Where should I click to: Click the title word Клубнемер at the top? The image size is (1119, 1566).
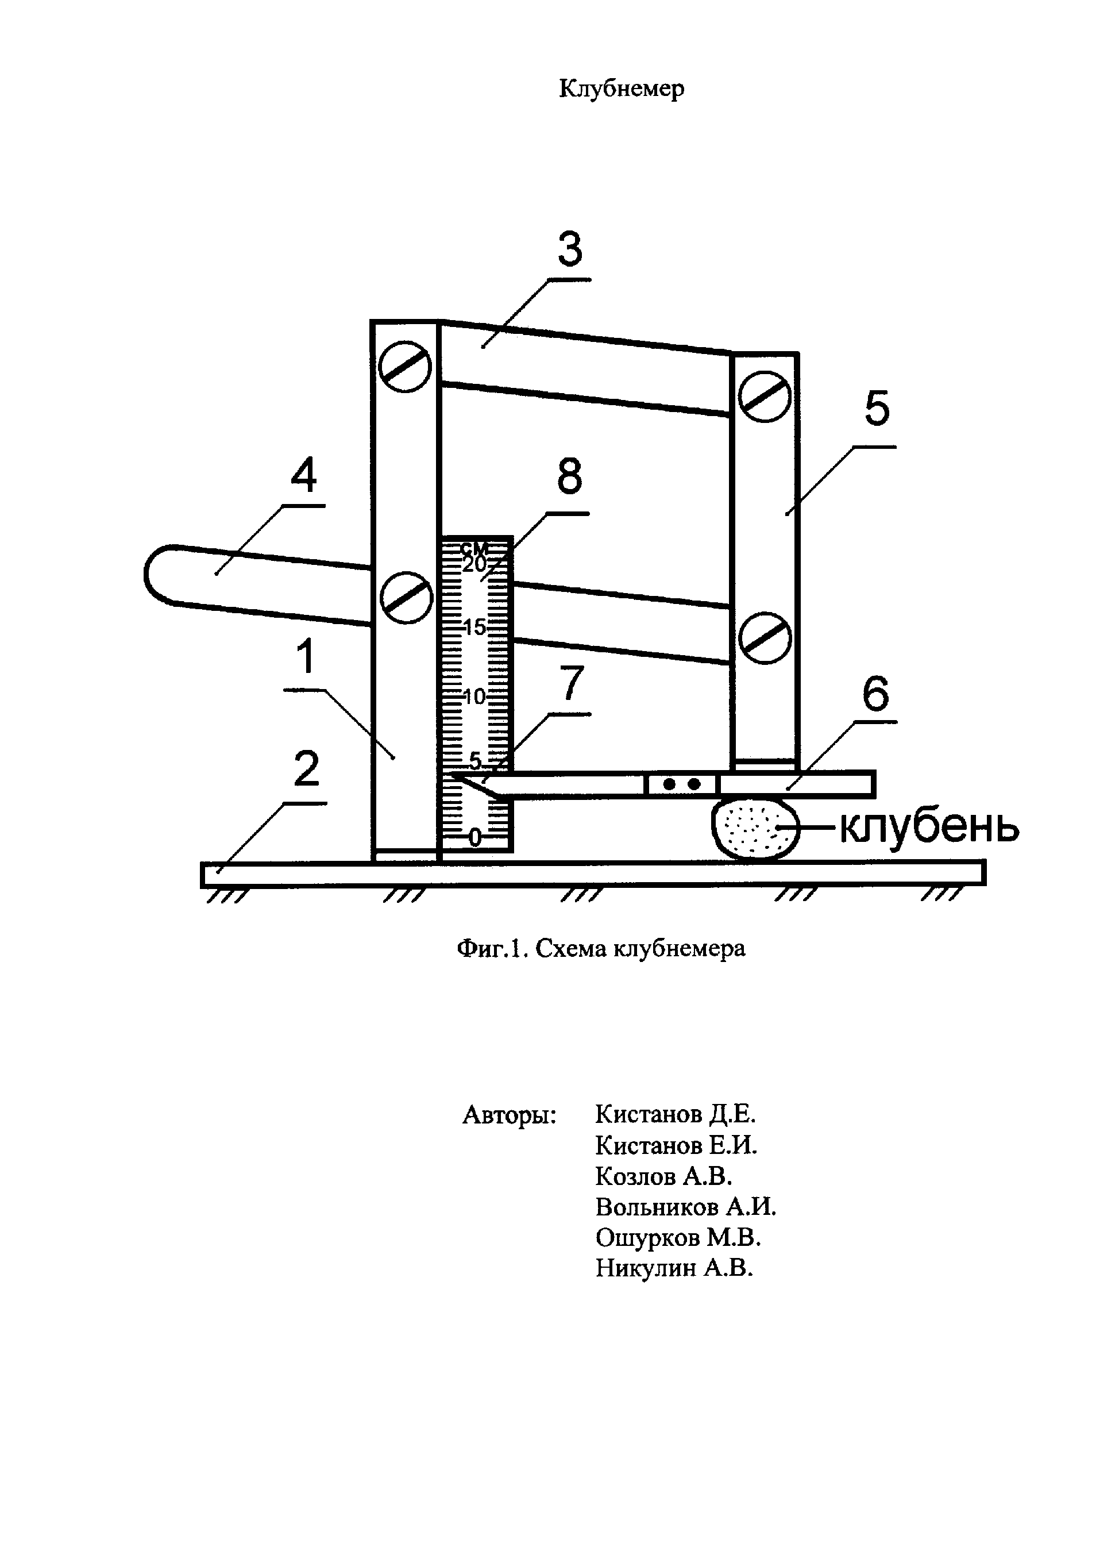click(621, 89)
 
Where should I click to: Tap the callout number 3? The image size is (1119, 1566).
click(570, 249)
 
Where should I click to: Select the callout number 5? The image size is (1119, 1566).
click(877, 409)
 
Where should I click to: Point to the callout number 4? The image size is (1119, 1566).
click(303, 476)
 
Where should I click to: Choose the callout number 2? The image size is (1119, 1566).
click(307, 768)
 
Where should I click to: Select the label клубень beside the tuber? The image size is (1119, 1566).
click(928, 827)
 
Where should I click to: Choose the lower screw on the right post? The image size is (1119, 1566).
click(764, 637)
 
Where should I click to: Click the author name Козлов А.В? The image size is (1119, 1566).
click(663, 1176)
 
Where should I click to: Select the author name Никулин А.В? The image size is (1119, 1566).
click(674, 1268)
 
